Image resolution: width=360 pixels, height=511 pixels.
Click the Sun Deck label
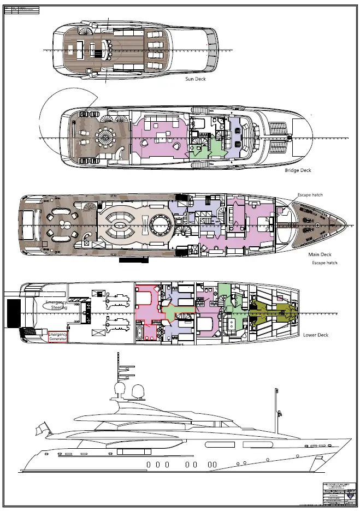[x=196, y=79]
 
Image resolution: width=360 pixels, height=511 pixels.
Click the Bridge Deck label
[x=298, y=170]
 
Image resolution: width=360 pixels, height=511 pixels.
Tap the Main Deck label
[x=320, y=254]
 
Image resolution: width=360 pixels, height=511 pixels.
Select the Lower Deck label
[x=316, y=335]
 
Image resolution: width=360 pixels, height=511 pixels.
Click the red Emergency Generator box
[x=58, y=337]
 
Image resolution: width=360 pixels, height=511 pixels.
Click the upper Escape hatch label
[x=310, y=194]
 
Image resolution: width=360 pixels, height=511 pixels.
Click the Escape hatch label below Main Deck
[x=324, y=263]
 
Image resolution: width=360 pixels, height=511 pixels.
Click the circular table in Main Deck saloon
[x=160, y=224]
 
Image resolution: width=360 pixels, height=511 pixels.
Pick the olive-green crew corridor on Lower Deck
[x=273, y=313]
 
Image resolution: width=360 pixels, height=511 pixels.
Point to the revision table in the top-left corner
[x=22, y=9]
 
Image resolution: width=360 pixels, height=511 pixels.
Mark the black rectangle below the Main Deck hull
[x=133, y=260]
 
